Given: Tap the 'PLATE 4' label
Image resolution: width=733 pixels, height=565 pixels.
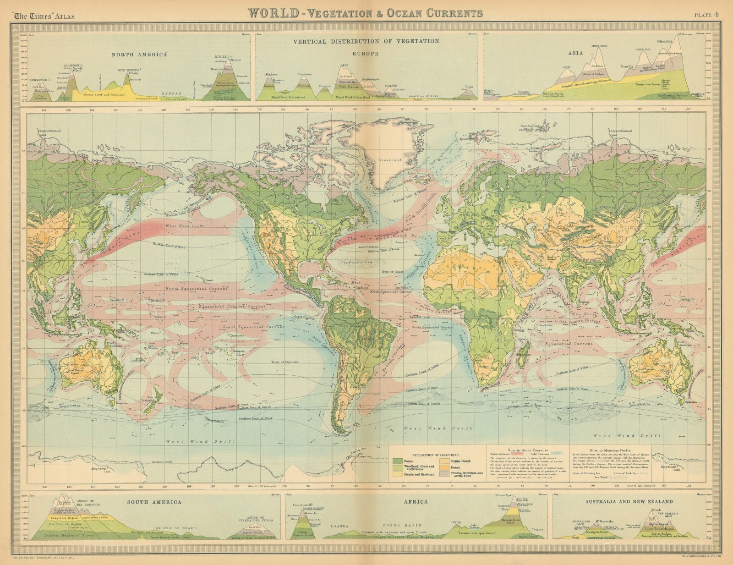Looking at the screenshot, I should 707,14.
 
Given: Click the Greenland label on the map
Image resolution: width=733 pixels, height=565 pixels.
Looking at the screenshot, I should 389,160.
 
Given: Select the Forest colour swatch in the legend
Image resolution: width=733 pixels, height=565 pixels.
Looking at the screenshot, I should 398,461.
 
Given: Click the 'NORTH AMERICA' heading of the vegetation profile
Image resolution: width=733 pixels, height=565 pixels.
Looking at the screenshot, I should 139,55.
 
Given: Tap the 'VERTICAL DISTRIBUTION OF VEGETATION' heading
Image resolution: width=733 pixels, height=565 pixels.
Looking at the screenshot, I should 366,41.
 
